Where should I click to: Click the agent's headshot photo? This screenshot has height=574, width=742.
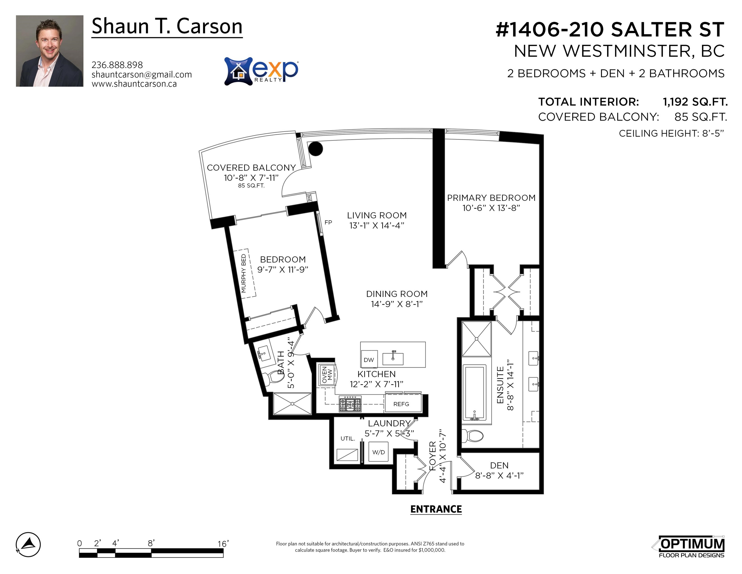50,51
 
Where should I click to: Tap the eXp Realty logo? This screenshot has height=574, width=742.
261,71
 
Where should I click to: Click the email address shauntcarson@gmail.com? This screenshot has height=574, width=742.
141,74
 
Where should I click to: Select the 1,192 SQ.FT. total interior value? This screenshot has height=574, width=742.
695,102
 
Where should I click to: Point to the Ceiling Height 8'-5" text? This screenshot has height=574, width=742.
671,133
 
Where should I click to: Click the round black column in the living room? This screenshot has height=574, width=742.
315,148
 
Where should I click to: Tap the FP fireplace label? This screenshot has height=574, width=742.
328,222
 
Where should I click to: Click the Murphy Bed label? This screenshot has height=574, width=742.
244,273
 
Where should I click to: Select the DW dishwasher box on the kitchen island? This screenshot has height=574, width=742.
369,359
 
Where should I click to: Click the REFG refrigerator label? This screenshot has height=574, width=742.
401,404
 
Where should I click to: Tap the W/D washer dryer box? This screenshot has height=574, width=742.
379,452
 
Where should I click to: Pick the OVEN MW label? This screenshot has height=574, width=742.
327,375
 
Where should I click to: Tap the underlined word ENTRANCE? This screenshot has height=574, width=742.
436,509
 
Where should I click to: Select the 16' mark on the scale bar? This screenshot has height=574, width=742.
223,543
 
